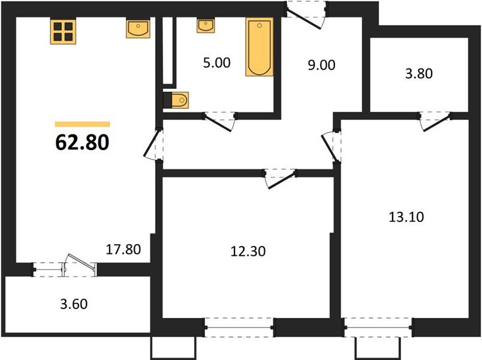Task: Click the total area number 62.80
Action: (x=82, y=142)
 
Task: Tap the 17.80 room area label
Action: (x=123, y=249)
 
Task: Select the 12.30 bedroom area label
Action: (x=247, y=251)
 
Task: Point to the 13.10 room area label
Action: (x=406, y=217)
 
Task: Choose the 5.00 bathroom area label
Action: (x=216, y=62)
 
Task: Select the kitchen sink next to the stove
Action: (x=138, y=28)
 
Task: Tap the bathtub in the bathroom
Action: (x=259, y=47)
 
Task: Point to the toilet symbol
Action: (x=176, y=100)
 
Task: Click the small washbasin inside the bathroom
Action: (x=205, y=25)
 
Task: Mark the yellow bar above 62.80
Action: (x=82, y=124)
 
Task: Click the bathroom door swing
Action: (x=219, y=119)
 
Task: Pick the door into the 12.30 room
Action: (x=280, y=178)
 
